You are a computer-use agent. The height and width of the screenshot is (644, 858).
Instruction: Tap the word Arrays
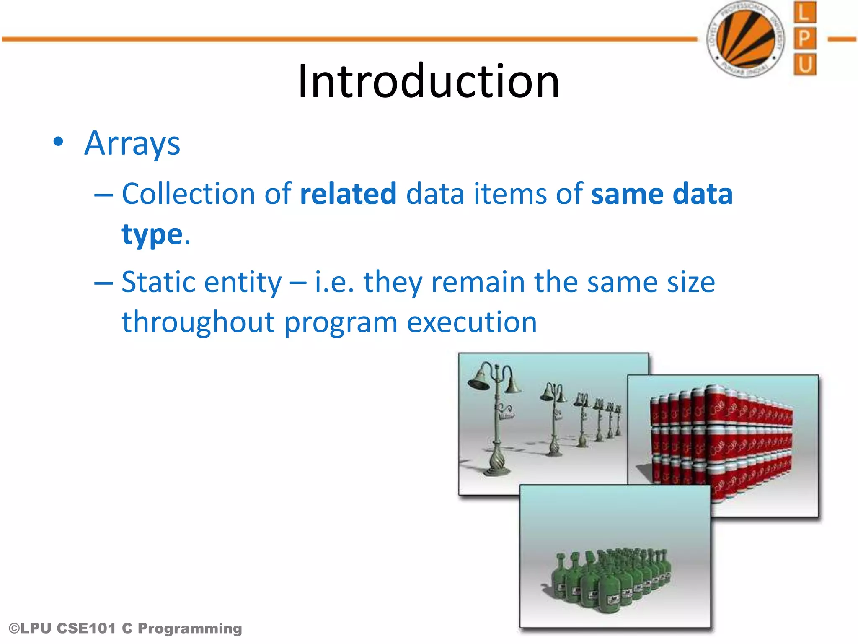click(x=132, y=144)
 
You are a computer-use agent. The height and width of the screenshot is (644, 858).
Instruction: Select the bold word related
click(x=348, y=194)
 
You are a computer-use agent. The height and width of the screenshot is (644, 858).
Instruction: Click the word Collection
click(x=189, y=194)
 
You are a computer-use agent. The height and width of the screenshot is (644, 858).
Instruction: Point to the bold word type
click(x=152, y=235)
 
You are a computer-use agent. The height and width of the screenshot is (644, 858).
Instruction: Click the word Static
click(x=158, y=282)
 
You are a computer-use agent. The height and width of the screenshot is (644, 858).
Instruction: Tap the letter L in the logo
click(x=804, y=13)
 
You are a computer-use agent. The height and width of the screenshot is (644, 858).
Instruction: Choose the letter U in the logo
click(x=804, y=65)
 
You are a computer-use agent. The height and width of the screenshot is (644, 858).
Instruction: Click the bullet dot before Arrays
click(x=59, y=142)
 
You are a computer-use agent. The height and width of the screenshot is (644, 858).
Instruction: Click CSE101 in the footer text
click(x=86, y=628)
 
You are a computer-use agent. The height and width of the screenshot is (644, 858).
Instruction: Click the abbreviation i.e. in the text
click(x=334, y=282)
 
